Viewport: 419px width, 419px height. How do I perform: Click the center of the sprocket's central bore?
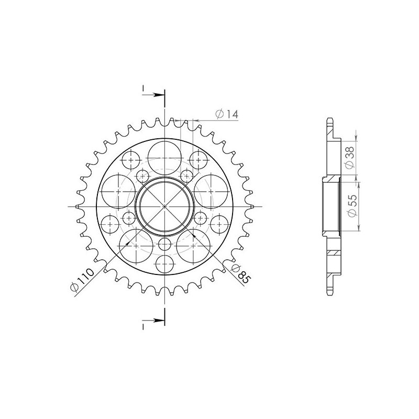pos(164,206)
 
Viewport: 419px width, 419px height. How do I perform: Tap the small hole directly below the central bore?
pos(164,244)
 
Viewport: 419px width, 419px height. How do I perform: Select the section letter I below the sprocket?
pos(142,325)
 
